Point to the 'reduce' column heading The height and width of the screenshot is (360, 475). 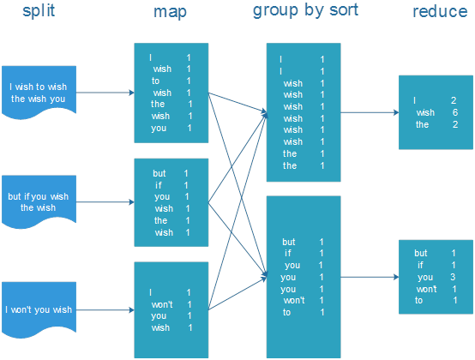(439, 12)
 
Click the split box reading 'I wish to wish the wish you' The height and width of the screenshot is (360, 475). (38, 92)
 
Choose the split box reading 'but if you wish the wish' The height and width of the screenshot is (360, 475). (38, 202)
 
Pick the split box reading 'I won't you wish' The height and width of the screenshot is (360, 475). (38, 309)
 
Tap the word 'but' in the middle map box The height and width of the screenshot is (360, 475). (159, 173)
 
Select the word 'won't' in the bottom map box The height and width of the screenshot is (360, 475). (162, 304)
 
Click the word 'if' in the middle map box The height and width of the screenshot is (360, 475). (159, 185)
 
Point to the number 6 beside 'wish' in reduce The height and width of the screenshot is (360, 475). (454, 112)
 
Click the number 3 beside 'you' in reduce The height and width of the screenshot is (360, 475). (453, 277)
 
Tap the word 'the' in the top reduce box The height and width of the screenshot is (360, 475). (422, 124)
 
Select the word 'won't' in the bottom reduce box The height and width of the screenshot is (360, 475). (425, 289)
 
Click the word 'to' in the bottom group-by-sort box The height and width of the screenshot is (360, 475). (287, 312)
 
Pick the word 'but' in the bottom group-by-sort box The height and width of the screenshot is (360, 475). (290, 242)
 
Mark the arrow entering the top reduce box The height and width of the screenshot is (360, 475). (369, 112)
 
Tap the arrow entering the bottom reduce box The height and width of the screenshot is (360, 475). (369, 277)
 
